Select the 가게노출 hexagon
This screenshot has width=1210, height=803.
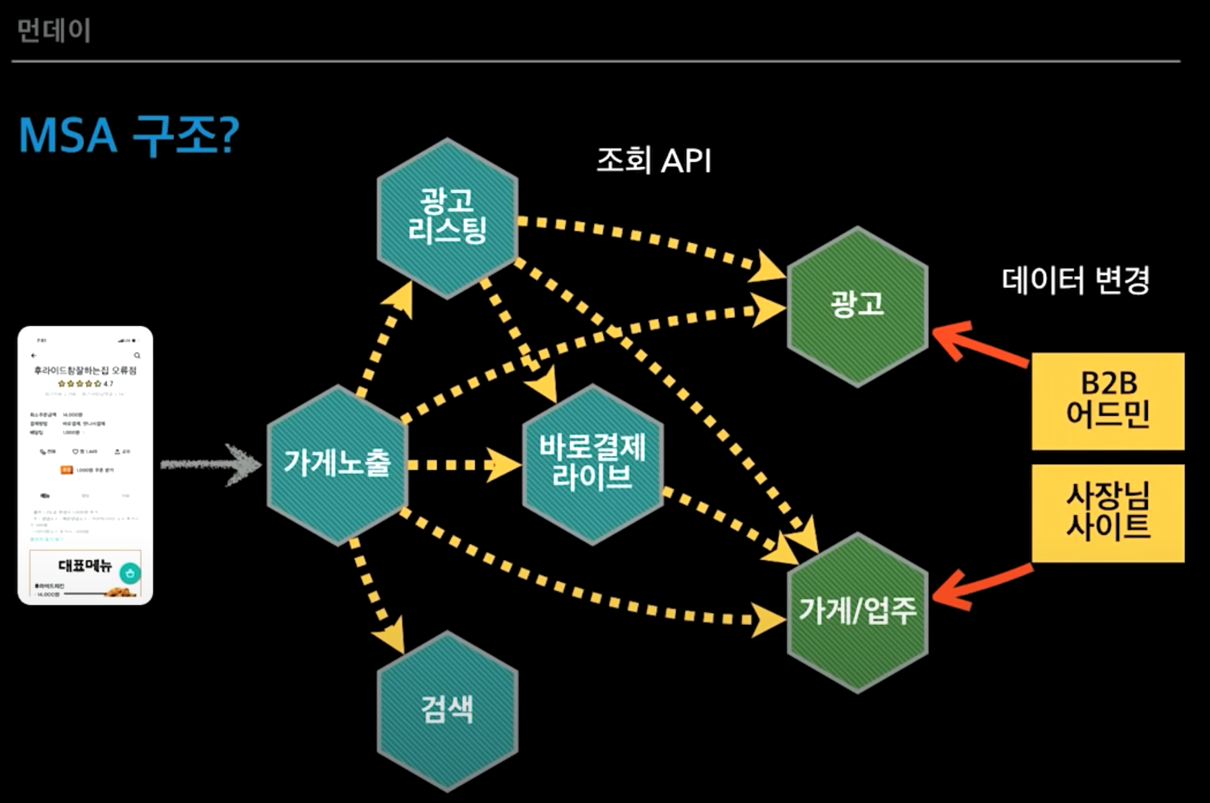337,464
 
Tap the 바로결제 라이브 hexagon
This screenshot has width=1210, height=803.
592,464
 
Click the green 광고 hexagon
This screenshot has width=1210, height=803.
857,305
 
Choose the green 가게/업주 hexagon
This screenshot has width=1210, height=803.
857,612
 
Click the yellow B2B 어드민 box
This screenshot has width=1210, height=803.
1107,401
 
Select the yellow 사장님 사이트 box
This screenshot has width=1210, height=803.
1107,513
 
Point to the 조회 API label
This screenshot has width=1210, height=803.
653,161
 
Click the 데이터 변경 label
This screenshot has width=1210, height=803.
1075,281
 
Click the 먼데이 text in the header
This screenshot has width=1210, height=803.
54,31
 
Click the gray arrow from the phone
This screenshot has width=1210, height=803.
210,464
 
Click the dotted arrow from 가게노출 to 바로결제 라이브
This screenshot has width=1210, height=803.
463,465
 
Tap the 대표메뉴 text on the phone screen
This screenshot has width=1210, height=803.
85,566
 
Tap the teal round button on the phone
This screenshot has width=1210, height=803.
130,573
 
